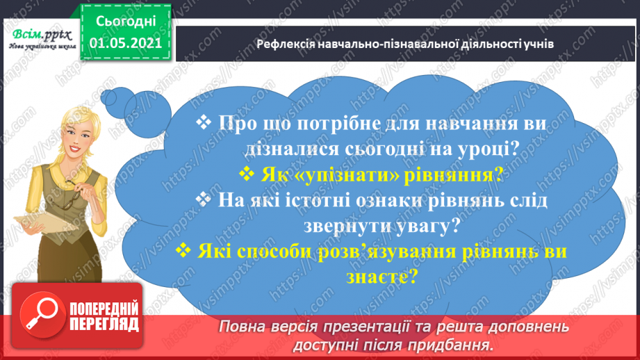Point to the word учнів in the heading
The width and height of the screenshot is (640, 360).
536,44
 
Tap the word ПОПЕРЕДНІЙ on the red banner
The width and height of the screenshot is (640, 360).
104,309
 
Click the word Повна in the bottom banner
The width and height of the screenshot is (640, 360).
243,327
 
